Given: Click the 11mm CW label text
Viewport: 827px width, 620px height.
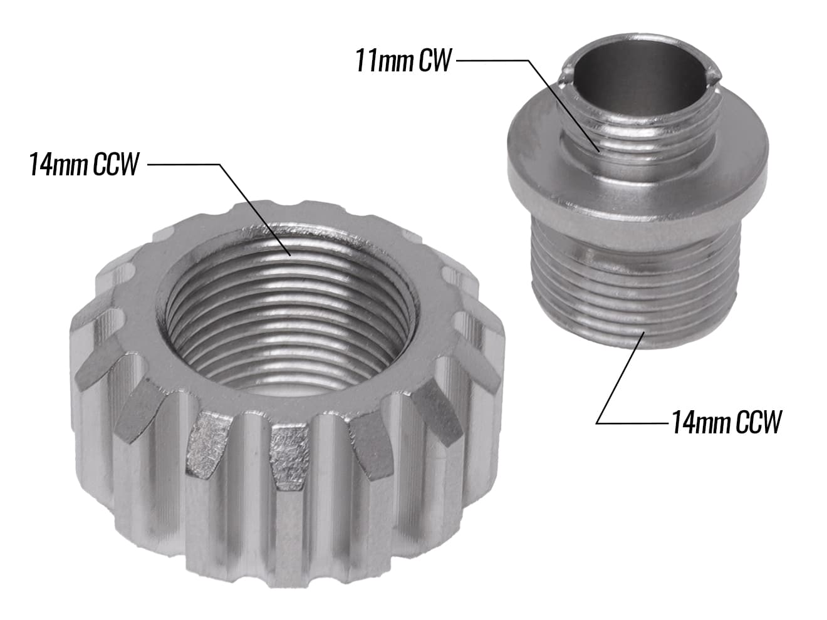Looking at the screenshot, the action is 403,60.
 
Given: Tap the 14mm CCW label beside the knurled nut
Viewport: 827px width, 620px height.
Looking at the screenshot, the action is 85,164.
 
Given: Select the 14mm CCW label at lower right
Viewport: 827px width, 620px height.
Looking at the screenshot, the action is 727,423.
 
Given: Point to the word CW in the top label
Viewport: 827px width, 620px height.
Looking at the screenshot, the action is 435,60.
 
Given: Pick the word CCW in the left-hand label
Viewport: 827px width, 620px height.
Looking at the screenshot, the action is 116,164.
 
